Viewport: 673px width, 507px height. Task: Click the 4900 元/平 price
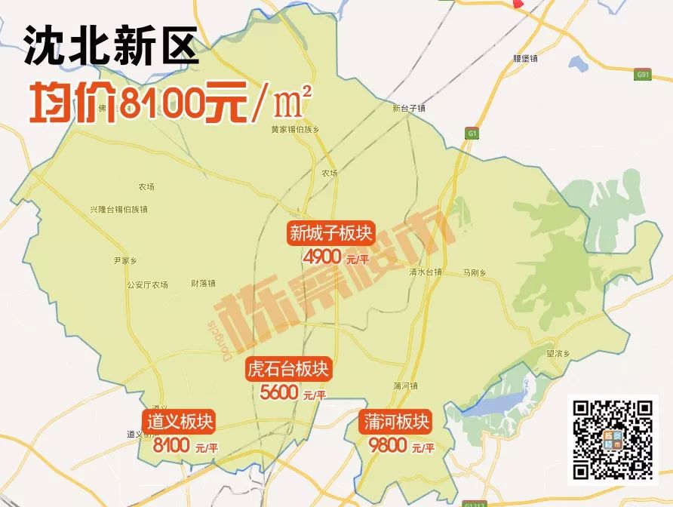pyautogui.click(x=336, y=258)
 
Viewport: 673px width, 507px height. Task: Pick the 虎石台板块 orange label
pyautogui.click(x=288, y=370)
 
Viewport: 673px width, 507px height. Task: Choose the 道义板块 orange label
pyautogui.click(x=181, y=422)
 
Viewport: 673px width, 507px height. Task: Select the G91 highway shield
pyautogui.click(x=643, y=75)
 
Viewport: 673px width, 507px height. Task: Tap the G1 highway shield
pyautogui.click(x=472, y=134)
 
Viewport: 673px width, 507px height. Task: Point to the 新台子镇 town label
pyautogui.click(x=410, y=108)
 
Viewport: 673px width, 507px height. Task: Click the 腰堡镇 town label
pyautogui.click(x=524, y=57)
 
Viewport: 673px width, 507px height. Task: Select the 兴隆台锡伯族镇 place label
pyautogui.click(x=118, y=208)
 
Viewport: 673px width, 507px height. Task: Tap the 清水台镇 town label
pyautogui.click(x=425, y=271)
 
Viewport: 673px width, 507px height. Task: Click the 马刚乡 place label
pyautogui.click(x=475, y=271)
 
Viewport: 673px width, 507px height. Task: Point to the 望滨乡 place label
pyautogui.click(x=557, y=352)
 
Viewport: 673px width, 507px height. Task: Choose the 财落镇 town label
pyautogui.click(x=203, y=284)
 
